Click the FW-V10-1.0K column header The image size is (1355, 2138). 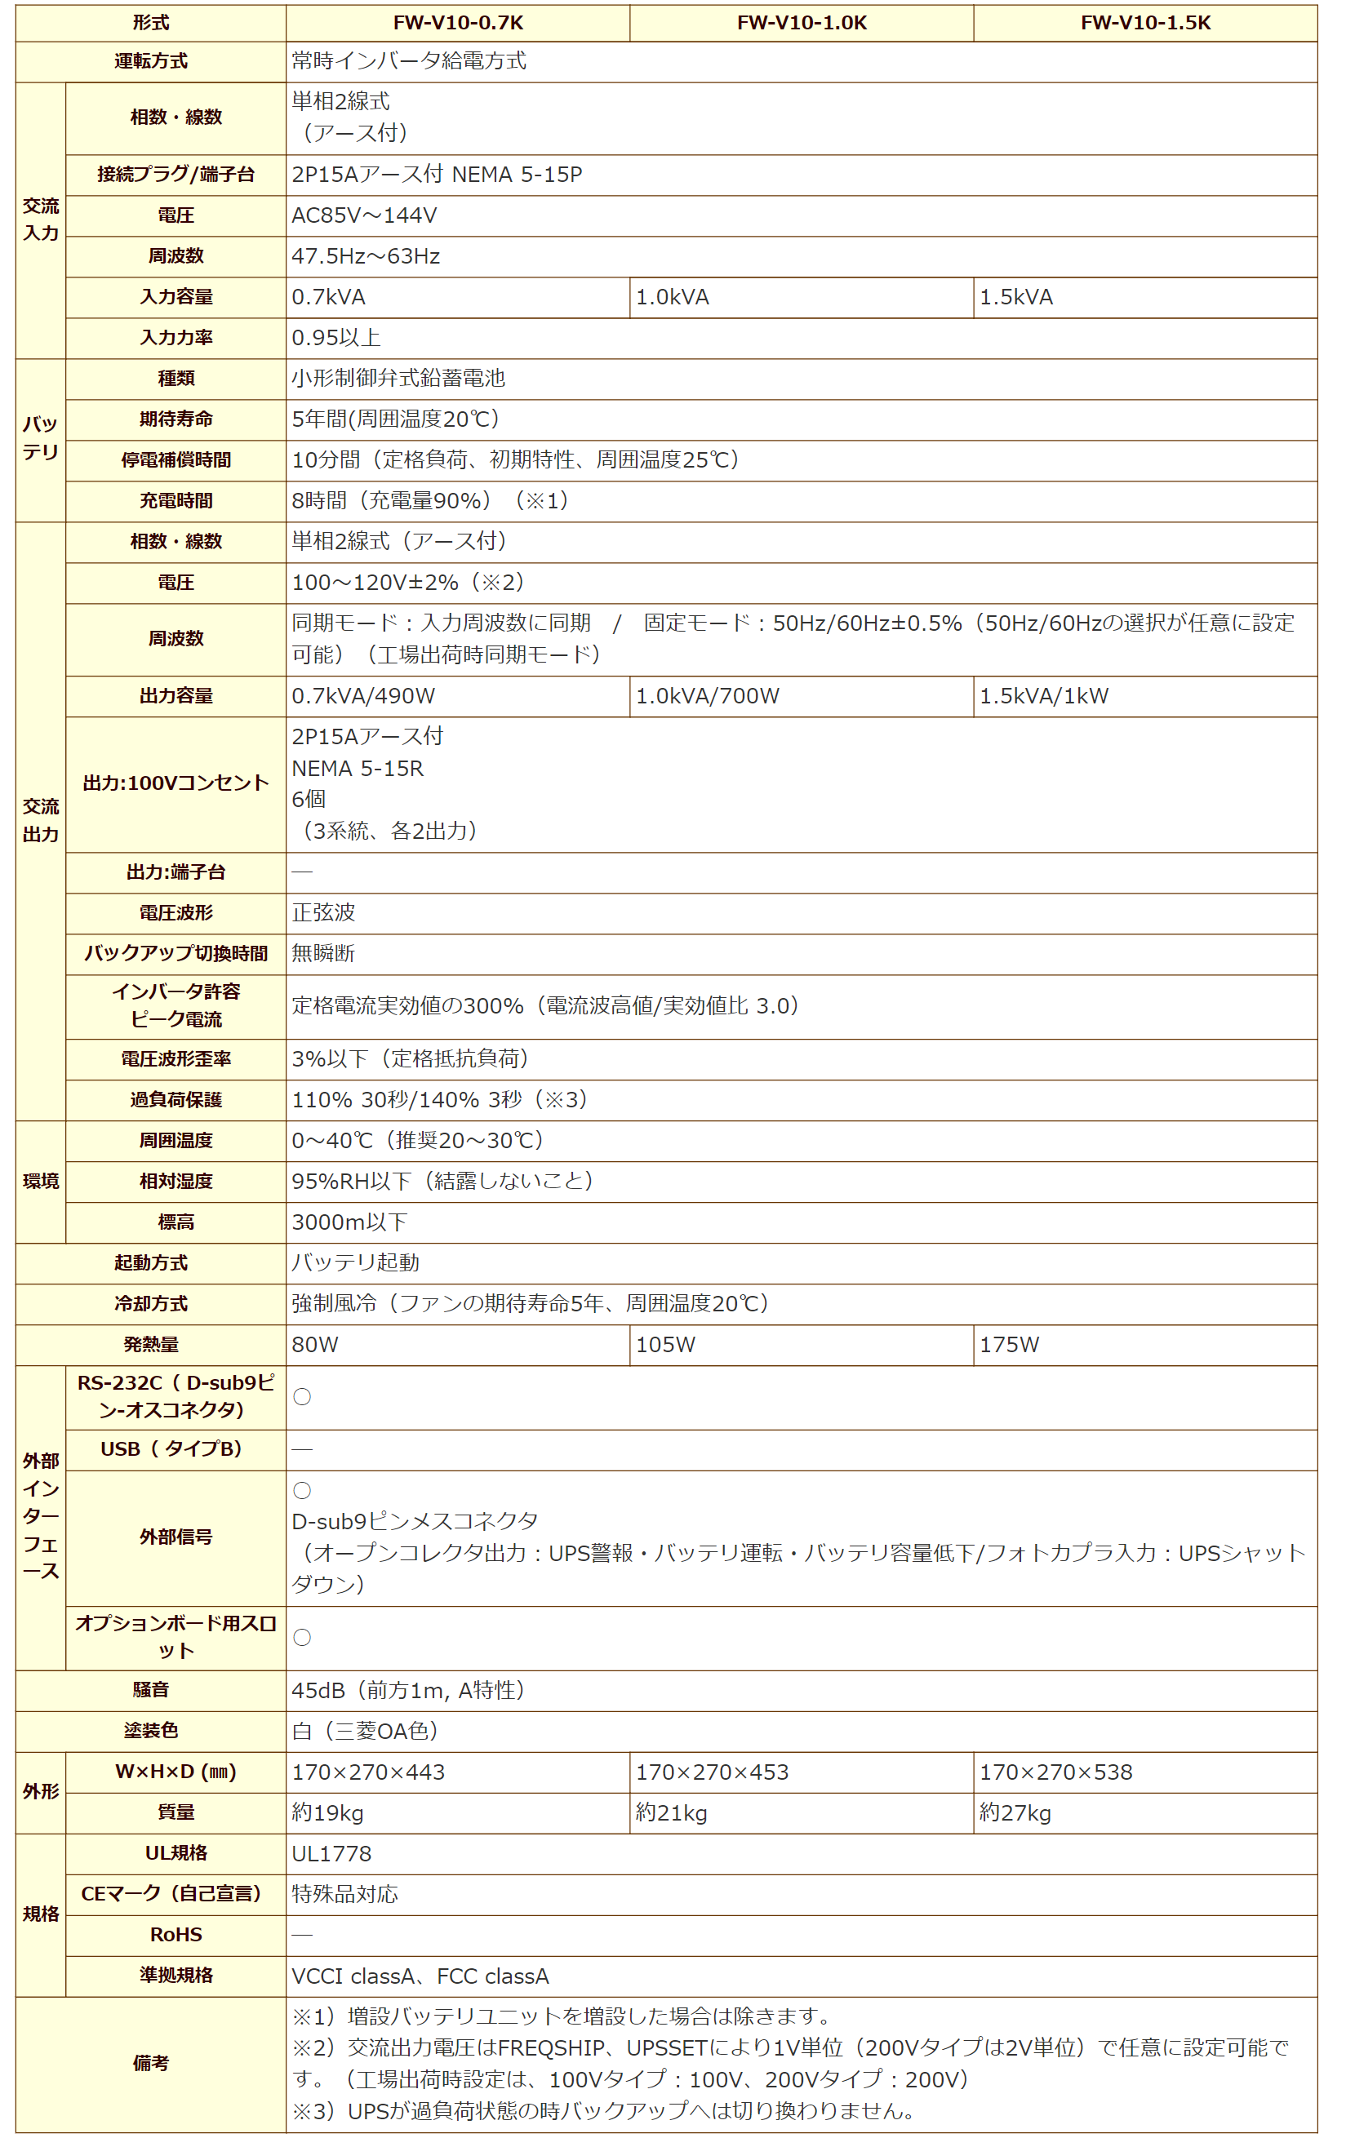pyautogui.click(x=801, y=23)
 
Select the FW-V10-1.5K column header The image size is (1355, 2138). pyautogui.click(x=1144, y=23)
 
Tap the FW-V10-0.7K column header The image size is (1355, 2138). pyautogui.click(x=457, y=23)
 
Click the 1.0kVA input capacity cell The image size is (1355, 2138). pyautogui.click(x=672, y=297)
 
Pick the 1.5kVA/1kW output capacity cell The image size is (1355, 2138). pyautogui.click(x=1043, y=696)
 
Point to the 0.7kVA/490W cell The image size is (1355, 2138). pyautogui.click(x=363, y=696)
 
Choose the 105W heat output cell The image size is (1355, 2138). pyautogui.click(x=665, y=1344)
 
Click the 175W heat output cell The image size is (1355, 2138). pyautogui.click(x=1009, y=1344)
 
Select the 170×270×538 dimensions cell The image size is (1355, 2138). pyautogui.click(x=1055, y=1772)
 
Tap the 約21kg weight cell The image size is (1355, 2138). pyautogui.click(x=671, y=1813)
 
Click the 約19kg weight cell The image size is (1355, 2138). pyautogui.click(x=327, y=1813)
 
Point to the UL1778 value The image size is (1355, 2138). pyautogui.click(x=331, y=1854)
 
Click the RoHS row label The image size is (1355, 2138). pyautogui.click(x=175, y=1935)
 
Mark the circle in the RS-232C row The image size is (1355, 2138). pyautogui.click(x=302, y=1396)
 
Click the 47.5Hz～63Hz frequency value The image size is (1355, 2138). pyautogui.click(x=366, y=256)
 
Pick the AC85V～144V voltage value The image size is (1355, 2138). pyautogui.click(x=364, y=215)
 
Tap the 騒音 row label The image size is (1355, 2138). pyautogui.click(x=150, y=1691)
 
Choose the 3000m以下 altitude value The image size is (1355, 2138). pyautogui.click(x=349, y=1222)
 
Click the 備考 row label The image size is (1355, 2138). pyautogui.click(x=150, y=2063)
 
